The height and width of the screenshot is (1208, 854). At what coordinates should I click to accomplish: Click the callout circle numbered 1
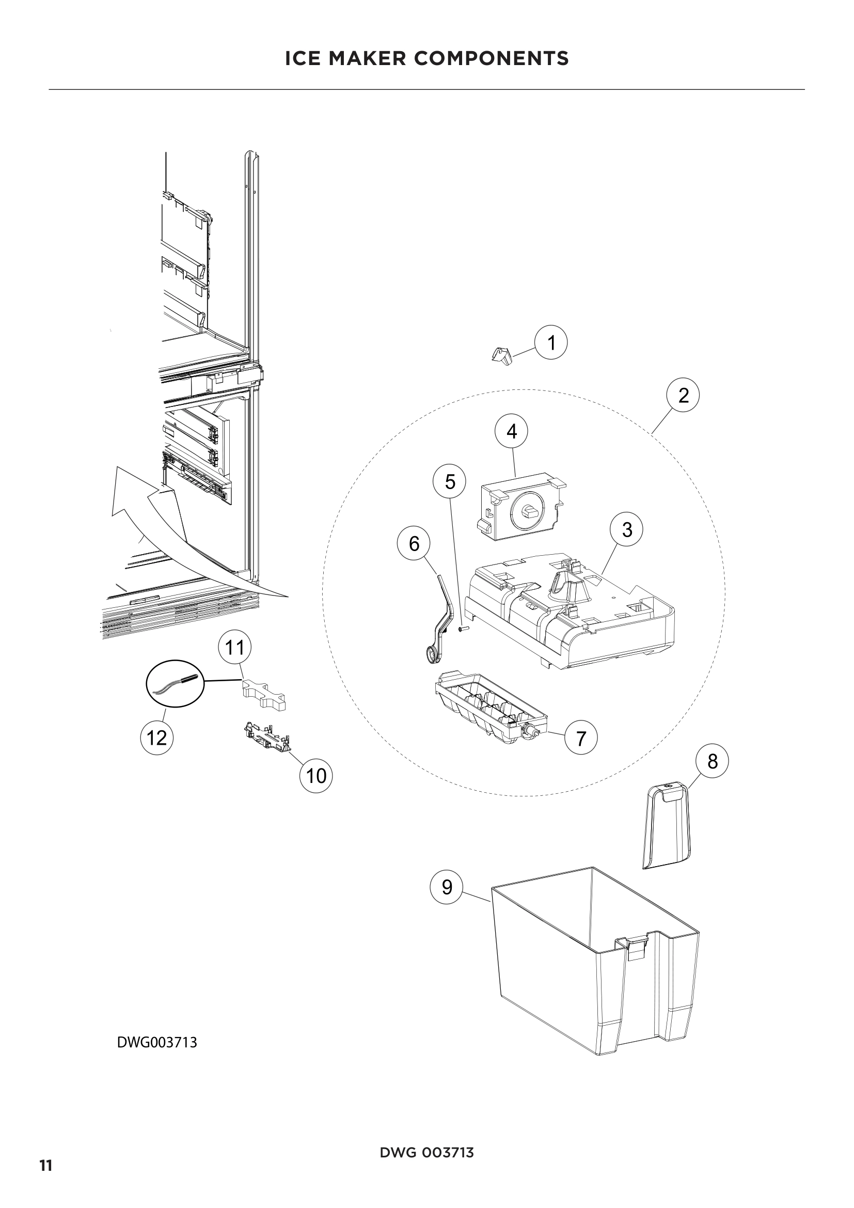[x=551, y=343]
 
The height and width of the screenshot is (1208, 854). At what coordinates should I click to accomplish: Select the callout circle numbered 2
[x=683, y=395]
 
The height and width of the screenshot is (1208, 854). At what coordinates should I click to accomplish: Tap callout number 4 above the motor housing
[x=511, y=432]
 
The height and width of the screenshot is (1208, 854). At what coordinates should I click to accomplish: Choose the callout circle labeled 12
[x=157, y=738]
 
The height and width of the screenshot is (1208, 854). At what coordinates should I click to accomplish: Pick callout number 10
[x=316, y=776]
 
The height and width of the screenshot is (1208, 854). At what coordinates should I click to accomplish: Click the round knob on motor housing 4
[x=528, y=510]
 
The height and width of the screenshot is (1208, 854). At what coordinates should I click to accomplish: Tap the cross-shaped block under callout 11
[x=263, y=695]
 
